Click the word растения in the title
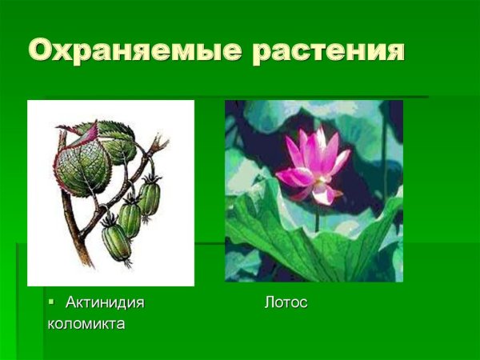pyautogui.click(x=328, y=50)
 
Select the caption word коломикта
pyautogui.click(x=86, y=324)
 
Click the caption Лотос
pyautogui.click(x=286, y=302)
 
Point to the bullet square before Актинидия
pyautogui.click(x=52, y=302)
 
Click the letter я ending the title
pyautogui.click(x=391, y=50)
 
